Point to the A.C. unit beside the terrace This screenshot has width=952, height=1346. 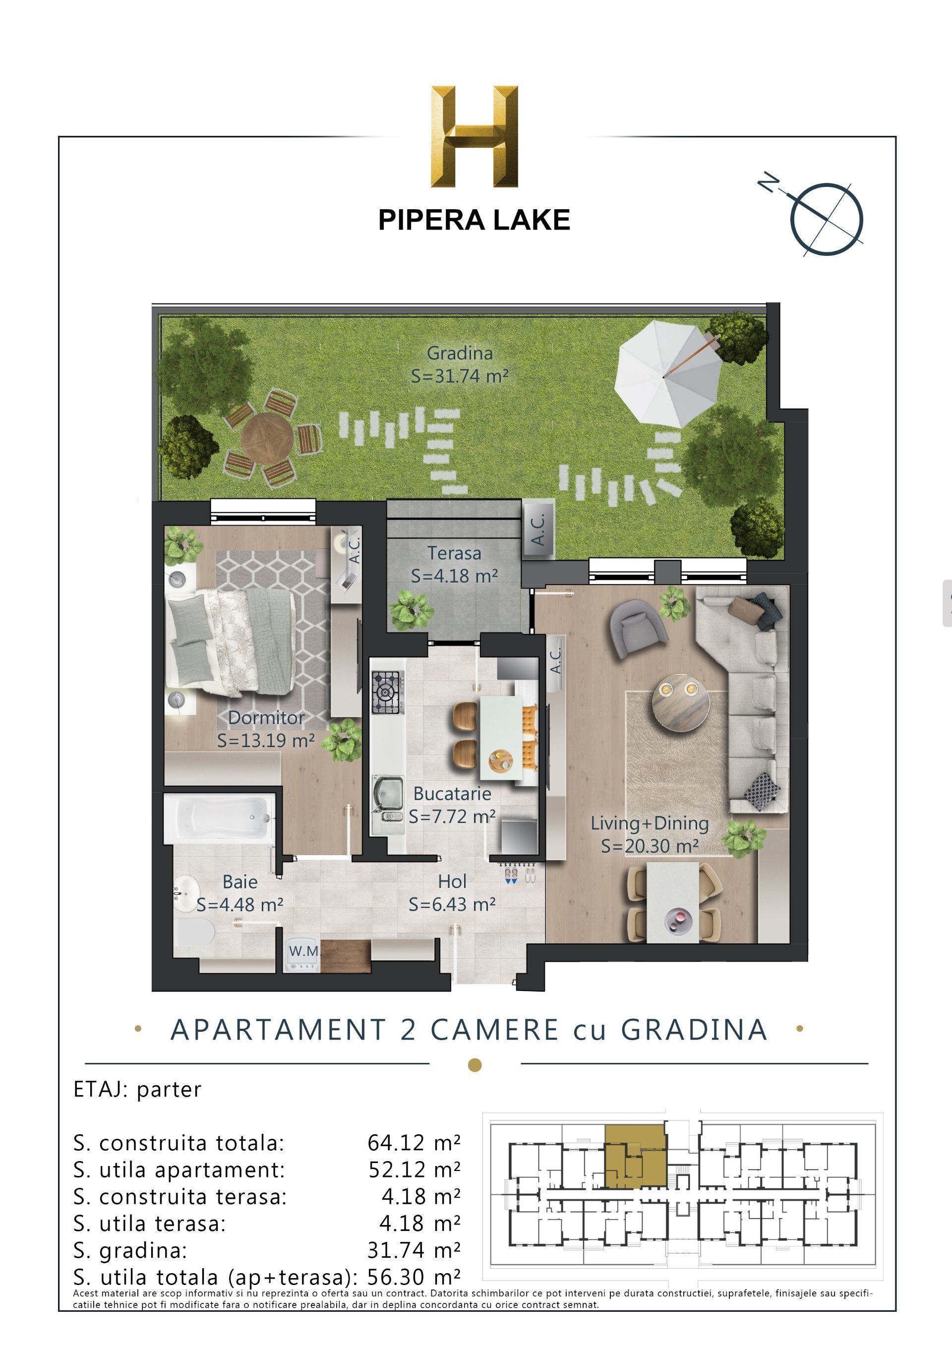[x=538, y=529]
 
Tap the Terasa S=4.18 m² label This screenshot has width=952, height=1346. [x=454, y=564]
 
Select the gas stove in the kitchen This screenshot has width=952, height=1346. [x=387, y=693]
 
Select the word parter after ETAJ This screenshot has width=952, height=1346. [x=169, y=1089]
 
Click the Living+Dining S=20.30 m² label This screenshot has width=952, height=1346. [x=649, y=834]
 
